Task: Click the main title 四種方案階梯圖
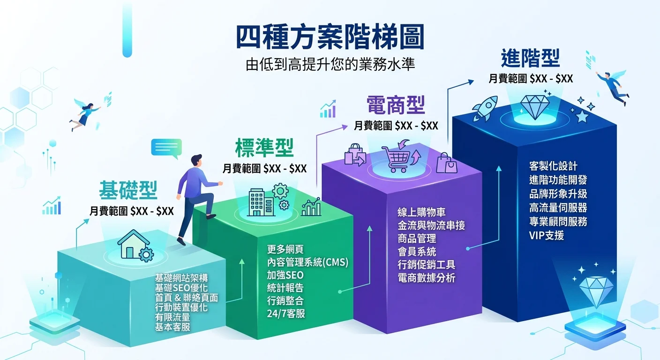point(330,37)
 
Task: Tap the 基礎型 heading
point(128,190)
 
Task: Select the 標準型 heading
point(264,149)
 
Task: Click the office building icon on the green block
point(261,202)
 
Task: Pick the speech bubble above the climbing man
point(166,149)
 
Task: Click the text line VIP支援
point(546,235)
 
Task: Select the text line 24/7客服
point(286,314)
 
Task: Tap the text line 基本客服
point(172,327)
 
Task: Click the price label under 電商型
point(396,126)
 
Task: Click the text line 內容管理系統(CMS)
point(307,262)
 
